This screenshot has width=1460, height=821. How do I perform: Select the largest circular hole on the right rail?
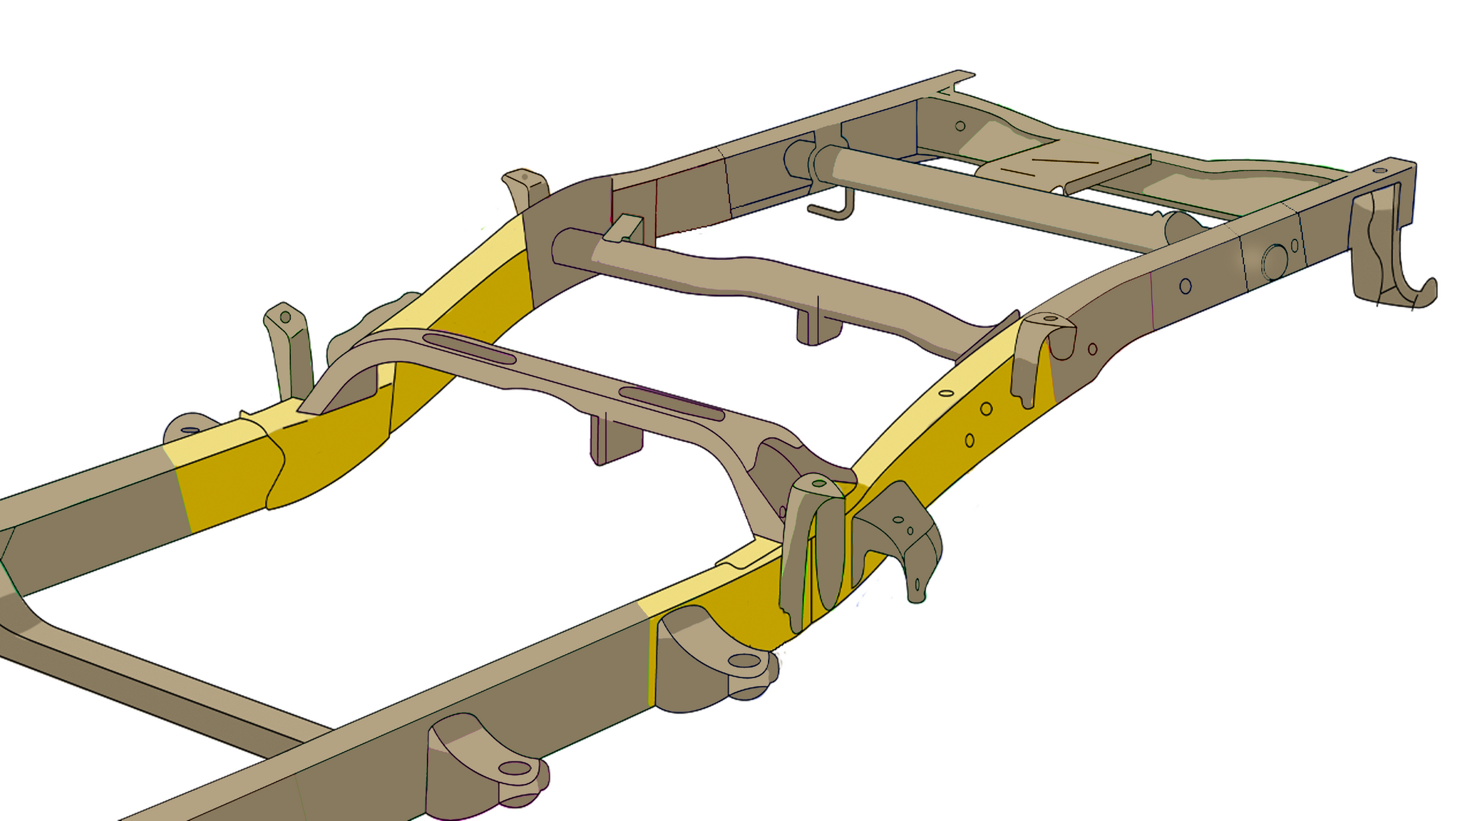[x=1274, y=262]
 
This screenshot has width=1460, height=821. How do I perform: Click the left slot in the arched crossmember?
[x=469, y=348]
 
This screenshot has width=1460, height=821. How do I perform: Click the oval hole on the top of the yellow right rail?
[x=946, y=393]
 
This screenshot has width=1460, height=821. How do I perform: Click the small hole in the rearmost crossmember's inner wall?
[x=960, y=126]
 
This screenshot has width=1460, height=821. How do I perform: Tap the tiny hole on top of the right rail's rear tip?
[x=1379, y=171]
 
